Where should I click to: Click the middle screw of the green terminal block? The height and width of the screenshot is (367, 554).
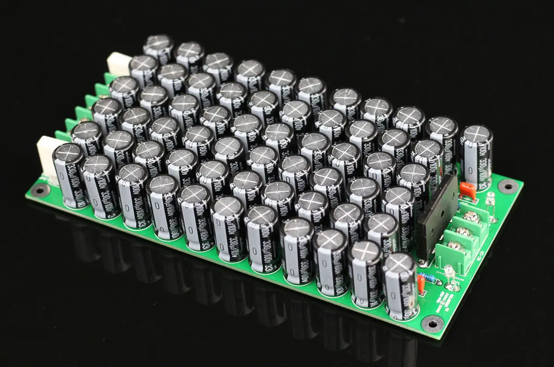pos(463,231)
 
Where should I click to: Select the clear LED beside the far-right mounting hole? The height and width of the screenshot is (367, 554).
pos(490,199)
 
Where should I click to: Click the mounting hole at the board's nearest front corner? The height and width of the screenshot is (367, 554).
pos(433,324)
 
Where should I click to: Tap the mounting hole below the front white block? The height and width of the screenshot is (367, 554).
pos(41,189)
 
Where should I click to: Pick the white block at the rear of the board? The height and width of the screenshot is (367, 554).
pos(119,64)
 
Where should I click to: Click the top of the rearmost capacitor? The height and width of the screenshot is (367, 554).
pos(158,43)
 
